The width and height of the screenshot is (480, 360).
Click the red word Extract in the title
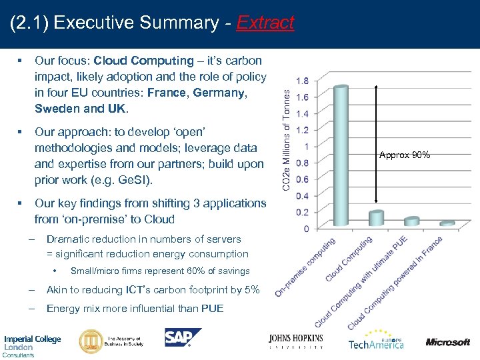tap(265, 23)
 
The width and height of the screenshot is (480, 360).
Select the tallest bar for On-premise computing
tap(341, 156)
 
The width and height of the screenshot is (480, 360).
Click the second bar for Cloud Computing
tap(376, 218)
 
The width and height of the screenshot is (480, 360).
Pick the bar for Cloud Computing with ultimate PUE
tap(412, 221)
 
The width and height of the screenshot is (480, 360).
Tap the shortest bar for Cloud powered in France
tap(447, 223)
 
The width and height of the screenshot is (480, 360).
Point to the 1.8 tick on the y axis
tap(301, 81)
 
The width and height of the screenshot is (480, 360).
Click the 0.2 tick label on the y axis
tap(301, 212)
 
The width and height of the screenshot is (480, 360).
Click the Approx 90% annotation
tap(405, 155)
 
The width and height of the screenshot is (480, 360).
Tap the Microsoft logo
tap(448, 342)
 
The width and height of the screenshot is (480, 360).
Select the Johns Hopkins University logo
tap(296, 341)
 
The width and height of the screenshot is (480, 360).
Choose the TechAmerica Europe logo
tap(375, 341)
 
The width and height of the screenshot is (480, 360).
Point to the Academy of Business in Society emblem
tap(91, 341)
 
